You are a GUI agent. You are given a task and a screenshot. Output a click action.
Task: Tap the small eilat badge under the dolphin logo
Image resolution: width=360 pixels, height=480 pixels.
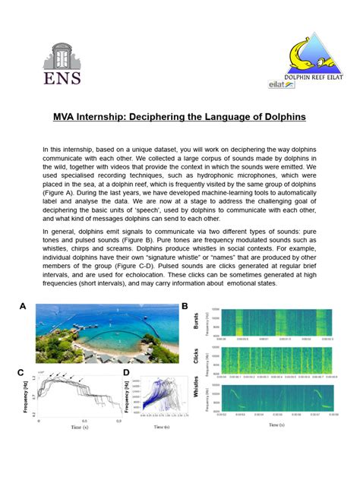pyautogui.click(x=282, y=85)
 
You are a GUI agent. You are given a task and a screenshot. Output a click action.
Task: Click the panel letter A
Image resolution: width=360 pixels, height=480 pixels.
pyautogui.click(x=24, y=306)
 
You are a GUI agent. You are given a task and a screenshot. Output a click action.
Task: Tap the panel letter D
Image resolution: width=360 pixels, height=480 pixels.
pyautogui.click(x=126, y=372)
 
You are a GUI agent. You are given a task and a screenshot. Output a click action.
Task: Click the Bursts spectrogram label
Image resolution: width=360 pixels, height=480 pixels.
pyautogui.click(x=196, y=323)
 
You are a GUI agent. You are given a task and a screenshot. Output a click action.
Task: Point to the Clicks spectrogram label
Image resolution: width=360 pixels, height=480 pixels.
pyautogui.click(x=196, y=358)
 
